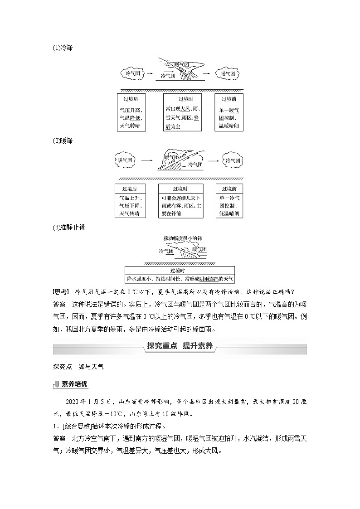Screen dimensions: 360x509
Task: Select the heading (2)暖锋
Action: (62, 141)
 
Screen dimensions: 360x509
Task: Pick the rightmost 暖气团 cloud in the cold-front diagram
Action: (227, 73)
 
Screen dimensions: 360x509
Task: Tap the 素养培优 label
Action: (75, 384)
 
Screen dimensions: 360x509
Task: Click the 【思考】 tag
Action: (62, 291)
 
